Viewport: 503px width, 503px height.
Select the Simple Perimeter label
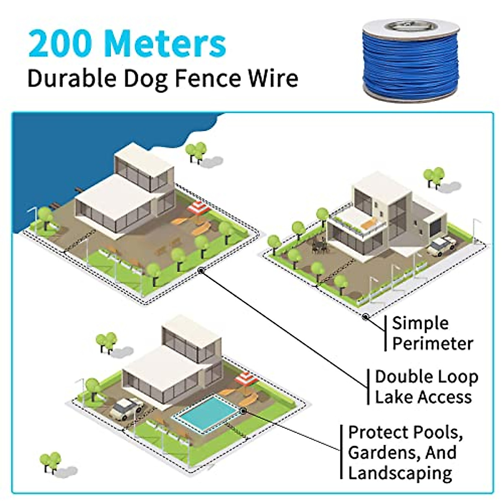click(x=432, y=333)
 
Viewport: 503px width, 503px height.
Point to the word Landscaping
click(x=400, y=473)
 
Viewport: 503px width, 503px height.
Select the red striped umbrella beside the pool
click(x=246, y=380)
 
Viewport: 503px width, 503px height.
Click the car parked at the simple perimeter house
click(x=441, y=246)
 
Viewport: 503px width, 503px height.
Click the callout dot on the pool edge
click(x=243, y=411)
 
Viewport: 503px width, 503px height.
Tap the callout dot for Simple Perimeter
click(x=366, y=317)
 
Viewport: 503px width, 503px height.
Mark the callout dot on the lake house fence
click(x=201, y=271)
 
